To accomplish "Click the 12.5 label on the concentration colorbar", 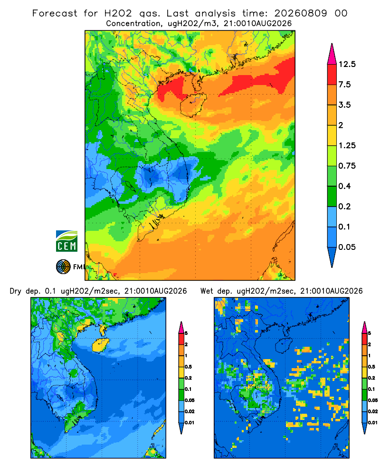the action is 347,64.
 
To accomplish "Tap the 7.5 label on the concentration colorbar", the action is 344,85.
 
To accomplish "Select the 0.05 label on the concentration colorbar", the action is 347,247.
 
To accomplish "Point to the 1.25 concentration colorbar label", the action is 347,145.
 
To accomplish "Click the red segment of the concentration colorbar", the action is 332,75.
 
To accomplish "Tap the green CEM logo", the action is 66,241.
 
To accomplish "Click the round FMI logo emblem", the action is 63,267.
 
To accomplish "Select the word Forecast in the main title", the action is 55,13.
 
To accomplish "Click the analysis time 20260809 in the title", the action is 301,13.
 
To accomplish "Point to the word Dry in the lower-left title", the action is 16,291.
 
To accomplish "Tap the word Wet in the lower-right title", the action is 207,291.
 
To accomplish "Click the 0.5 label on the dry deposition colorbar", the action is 188,367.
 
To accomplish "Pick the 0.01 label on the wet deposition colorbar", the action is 373,423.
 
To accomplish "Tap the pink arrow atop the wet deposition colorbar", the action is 364,328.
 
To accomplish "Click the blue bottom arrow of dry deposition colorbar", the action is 181,428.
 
